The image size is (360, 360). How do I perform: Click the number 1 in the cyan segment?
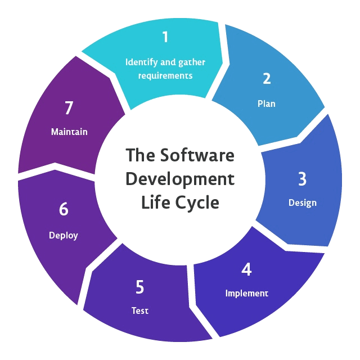click(x=165, y=37)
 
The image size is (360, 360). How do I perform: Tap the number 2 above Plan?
click(x=267, y=79)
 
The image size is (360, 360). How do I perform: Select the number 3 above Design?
click(x=302, y=179)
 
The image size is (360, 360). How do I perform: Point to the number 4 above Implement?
click(x=246, y=269)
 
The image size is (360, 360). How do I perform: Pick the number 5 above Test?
click(x=139, y=287)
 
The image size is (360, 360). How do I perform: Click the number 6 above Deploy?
click(x=64, y=209)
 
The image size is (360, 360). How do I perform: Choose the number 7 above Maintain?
click(x=69, y=108)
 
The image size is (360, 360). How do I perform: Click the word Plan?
click(x=267, y=103)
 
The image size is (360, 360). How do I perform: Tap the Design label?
click(x=303, y=202)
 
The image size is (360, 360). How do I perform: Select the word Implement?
click(x=247, y=293)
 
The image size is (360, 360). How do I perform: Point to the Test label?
click(x=140, y=310)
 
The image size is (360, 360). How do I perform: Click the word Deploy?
click(x=64, y=235)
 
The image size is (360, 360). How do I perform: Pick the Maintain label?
click(x=69, y=132)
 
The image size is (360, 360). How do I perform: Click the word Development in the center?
click(x=179, y=179)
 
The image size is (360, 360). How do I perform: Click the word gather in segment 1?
click(x=191, y=61)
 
